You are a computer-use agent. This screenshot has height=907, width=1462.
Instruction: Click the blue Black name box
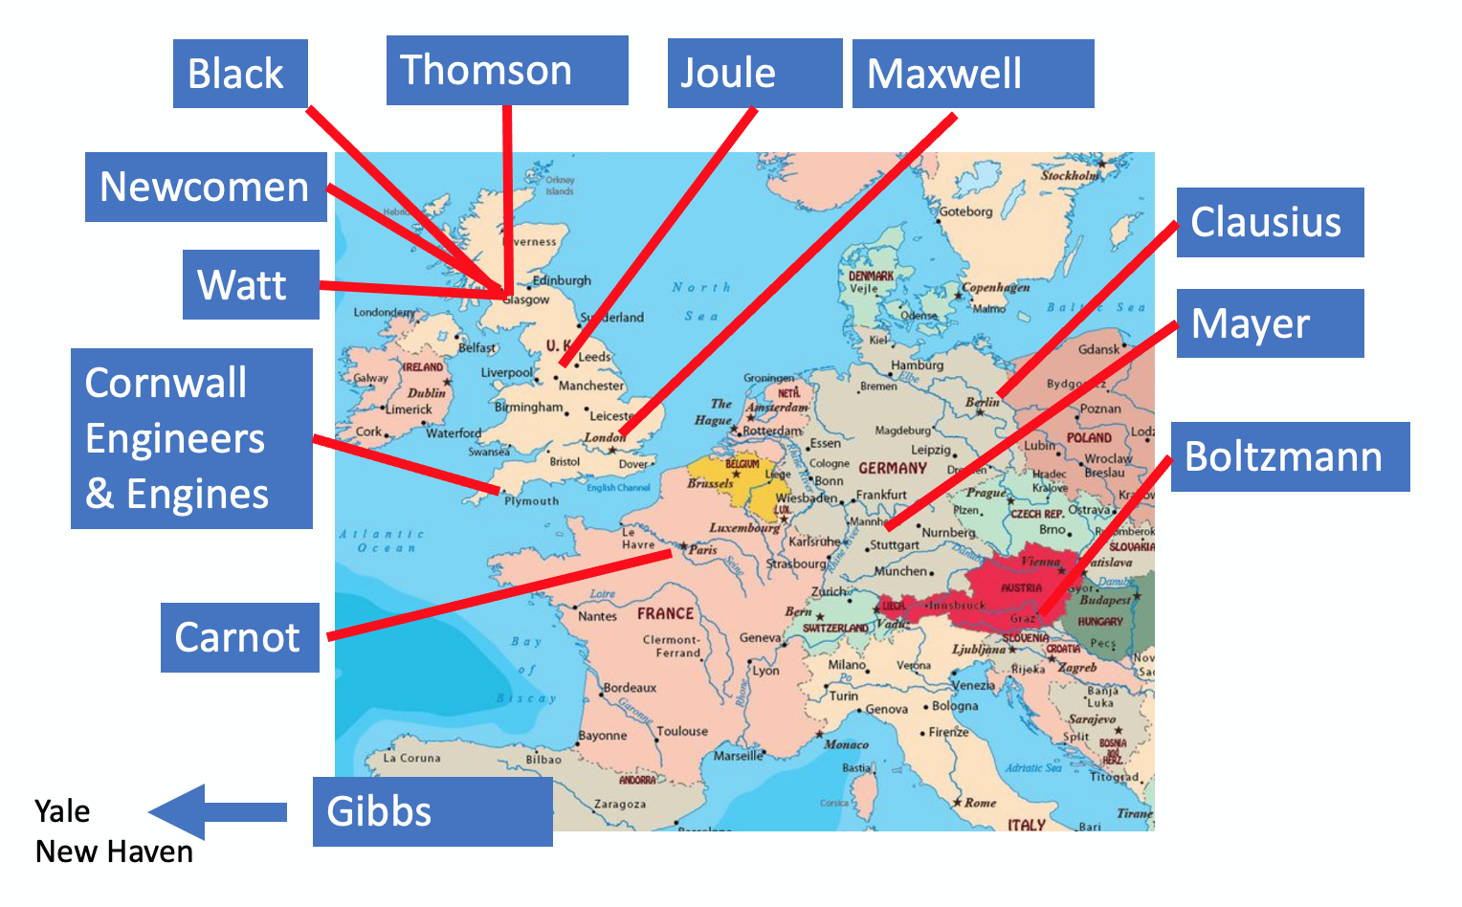[x=240, y=74]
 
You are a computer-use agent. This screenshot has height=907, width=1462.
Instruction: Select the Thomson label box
[x=507, y=71]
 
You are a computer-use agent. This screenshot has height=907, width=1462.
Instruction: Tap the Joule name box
[x=754, y=74]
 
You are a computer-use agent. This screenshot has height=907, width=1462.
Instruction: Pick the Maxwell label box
[x=972, y=74]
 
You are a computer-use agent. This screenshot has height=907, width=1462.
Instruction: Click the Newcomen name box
[x=206, y=188]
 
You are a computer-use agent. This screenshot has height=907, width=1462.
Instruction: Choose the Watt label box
[x=251, y=285]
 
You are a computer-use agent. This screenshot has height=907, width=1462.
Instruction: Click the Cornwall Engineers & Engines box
[x=191, y=438]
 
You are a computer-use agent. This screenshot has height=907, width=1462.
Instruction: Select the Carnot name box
[x=239, y=637]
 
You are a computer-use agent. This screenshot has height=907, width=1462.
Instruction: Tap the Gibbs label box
[x=432, y=811]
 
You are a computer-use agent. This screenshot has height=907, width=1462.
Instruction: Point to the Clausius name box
[x=1270, y=222]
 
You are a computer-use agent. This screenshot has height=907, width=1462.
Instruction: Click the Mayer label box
[x=1270, y=323]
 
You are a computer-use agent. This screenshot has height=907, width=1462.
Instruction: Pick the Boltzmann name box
[x=1290, y=457]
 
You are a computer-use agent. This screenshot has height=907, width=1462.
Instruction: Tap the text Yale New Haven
[x=113, y=831]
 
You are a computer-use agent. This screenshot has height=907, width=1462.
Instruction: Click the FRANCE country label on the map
[x=666, y=613]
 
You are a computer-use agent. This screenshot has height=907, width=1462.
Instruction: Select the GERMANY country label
[x=892, y=469]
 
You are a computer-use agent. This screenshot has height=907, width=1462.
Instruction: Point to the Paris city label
[x=703, y=550]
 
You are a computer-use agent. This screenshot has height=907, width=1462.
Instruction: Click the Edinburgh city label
[x=563, y=280]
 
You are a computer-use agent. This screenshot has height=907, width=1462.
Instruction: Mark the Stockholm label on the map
[x=1070, y=175]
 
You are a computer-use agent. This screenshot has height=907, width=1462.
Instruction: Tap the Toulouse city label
[x=682, y=731]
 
